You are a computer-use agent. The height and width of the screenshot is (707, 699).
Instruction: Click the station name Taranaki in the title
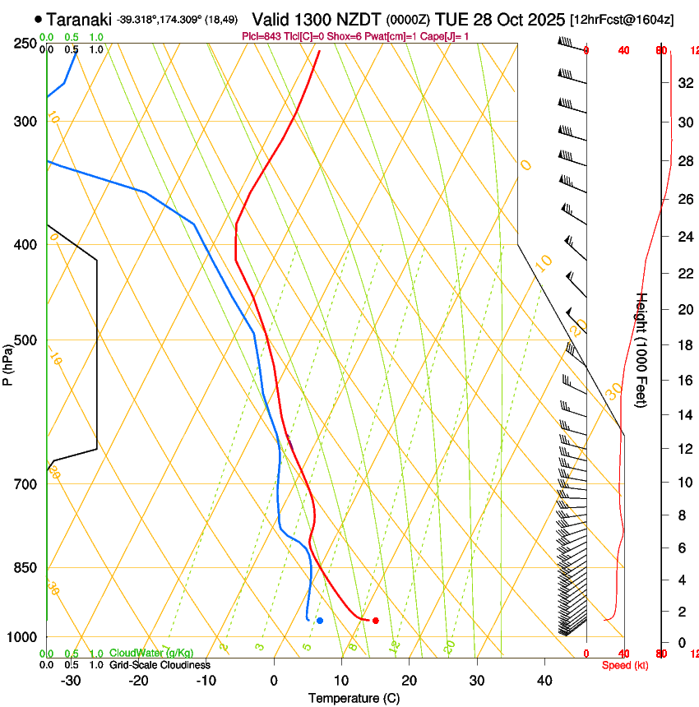(79, 19)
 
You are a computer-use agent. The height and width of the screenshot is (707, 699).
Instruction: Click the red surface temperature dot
(375, 621)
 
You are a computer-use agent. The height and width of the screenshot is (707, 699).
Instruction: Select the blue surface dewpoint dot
(320, 621)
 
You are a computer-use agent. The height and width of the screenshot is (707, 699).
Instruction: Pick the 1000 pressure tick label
(25, 637)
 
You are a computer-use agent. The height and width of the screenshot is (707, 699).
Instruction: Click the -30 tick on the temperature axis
(71, 681)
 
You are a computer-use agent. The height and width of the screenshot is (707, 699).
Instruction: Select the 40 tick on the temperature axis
(544, 681)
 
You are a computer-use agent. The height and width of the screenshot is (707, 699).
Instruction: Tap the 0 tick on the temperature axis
(274, 681)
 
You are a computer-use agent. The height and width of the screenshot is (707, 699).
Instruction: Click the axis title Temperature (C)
(353, 699)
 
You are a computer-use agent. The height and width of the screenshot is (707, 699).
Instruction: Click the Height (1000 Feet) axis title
(642, 350)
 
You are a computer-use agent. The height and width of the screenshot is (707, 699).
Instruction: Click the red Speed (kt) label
(625, 665)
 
